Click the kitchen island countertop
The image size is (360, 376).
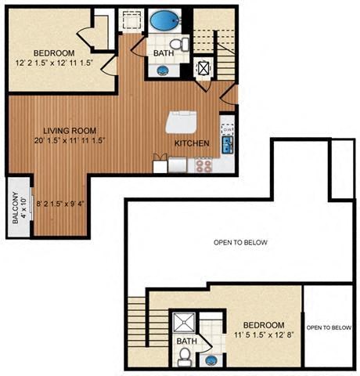(x=182, y=123)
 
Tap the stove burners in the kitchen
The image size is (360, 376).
(x=204, y=164)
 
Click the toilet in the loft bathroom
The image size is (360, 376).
(x=184, y=356)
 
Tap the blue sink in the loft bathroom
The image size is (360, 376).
(x=211, y=359)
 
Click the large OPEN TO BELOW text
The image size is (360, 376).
(x=240, y=243)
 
